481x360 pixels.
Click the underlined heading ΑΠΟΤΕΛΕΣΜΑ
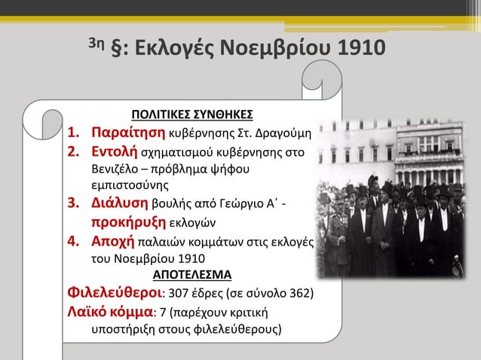coord(192,273)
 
